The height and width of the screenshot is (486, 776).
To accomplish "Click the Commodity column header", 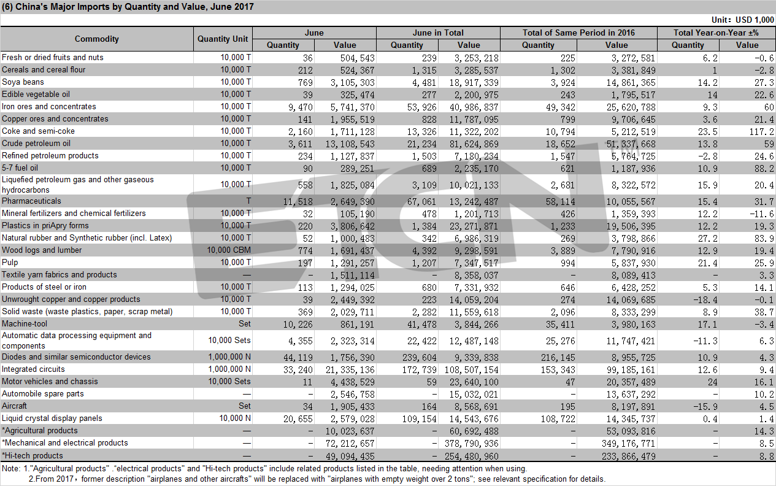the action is pyautogui.click(x=97, y=39).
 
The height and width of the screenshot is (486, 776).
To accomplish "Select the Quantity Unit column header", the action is pyautogui.click(x=223, y=39).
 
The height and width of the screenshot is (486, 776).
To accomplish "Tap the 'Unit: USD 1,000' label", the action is pyautogui.click(x=742, y=20).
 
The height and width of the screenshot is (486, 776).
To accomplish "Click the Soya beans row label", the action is pyautogui.click(x=23, y=82).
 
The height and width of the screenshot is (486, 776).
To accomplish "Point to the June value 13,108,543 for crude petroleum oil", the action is pyautogui.click(x=350, y=144).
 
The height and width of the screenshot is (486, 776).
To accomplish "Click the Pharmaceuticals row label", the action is pyautogui.click(x=31, y=201).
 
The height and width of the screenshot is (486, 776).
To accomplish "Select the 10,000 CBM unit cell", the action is pyautogui.click(x=229, y=250).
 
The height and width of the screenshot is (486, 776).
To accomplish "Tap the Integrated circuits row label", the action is pyautogui.click(x=33, y=369).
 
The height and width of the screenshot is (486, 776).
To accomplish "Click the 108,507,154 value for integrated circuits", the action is pyautogui.click(x=472, y=370).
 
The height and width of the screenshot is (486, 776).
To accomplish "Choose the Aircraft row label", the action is pyautogui.click(x=14, y=406).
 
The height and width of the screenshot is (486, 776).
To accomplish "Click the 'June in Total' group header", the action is pyautogui.click(x=438, y=33).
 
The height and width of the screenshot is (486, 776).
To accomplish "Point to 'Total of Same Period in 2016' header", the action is pyautogui.click(x=578, y=33).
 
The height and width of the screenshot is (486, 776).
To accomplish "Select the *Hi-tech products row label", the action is pyautogui.click(x=33, y=455).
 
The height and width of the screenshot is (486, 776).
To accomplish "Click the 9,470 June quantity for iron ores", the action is pyautogui.click(x=301, y=107).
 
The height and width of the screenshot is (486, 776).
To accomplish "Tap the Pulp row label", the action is pyautogui.click(x=10, y=263).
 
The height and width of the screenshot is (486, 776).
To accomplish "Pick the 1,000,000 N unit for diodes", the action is pyautogui.click(x=229, y=357).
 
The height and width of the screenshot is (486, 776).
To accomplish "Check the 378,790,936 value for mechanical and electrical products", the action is pyautogui.click(x=472, y=444).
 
